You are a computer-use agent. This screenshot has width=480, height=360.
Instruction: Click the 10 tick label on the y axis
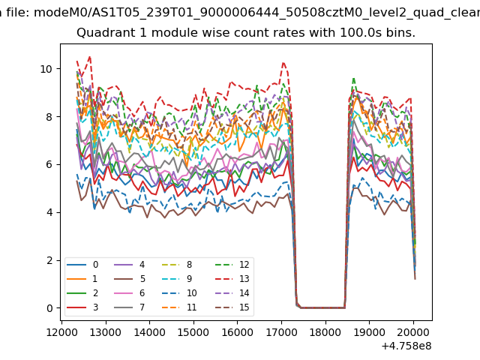[x=46, y=69]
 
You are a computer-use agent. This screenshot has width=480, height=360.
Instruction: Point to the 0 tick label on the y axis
[x=49, y=308]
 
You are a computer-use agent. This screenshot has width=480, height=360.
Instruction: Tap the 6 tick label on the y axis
[x=49, y=164]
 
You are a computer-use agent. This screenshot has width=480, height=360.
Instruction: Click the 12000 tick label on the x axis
[x=60, y=331]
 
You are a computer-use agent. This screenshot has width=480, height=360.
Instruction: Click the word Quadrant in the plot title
[x=103, y=33]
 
